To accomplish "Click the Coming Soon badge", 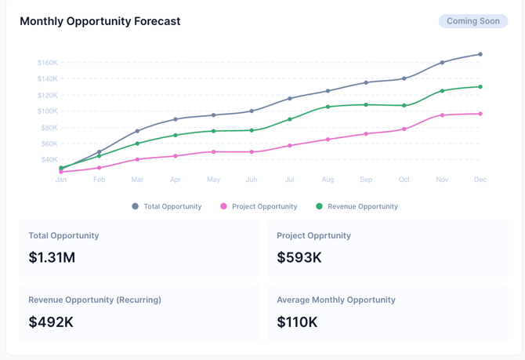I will pos(472,21).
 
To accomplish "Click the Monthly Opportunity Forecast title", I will pos(100,21).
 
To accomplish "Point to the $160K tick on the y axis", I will pos(47,63).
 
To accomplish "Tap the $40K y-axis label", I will pos(49,160).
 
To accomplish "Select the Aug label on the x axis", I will pos(328,180).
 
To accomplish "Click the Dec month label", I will pos(480,180).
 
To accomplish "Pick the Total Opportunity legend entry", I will pos(167,206).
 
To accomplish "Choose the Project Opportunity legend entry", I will pos(259,206).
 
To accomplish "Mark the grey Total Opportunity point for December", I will pos(480,54).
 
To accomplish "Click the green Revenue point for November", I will pos(442,91).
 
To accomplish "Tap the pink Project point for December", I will pos(480,114).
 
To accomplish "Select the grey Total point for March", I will pos(137,131).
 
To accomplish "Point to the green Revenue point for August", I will pos(328,107).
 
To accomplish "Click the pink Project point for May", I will pos(213,151).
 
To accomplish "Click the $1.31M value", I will pos(52,257).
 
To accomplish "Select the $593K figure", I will pos(299,257).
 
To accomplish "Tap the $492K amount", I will pos(51,322).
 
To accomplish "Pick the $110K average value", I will pos(298,322).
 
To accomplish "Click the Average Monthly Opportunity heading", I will pos(336,300).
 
